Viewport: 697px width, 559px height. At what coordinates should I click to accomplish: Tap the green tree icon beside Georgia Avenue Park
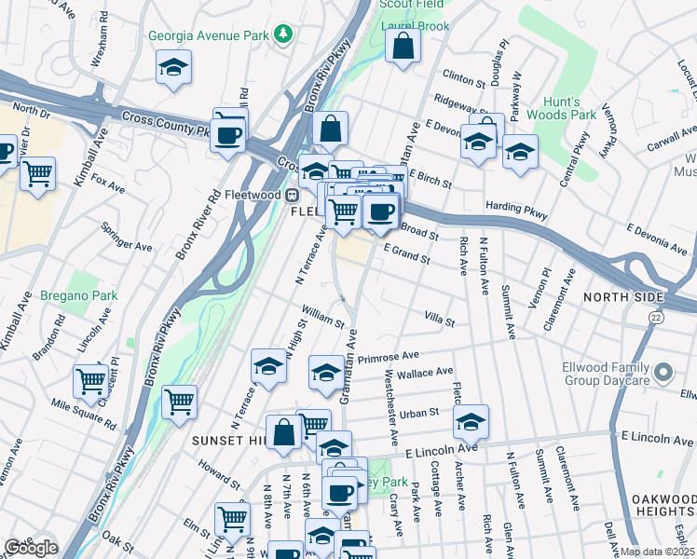click(x=283, y=36)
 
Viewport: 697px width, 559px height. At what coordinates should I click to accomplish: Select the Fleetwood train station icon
click(x=292, y=196)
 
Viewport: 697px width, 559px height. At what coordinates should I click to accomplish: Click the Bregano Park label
click(x=79, y=295)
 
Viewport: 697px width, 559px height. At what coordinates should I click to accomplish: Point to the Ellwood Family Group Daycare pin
click(x=663, y=374)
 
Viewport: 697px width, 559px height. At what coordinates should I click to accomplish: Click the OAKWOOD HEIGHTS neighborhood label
click(x=663, y=507)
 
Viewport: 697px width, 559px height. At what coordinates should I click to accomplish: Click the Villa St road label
click(x=439, y=320)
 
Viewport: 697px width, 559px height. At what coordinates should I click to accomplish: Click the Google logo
click(x=30, y=547)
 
